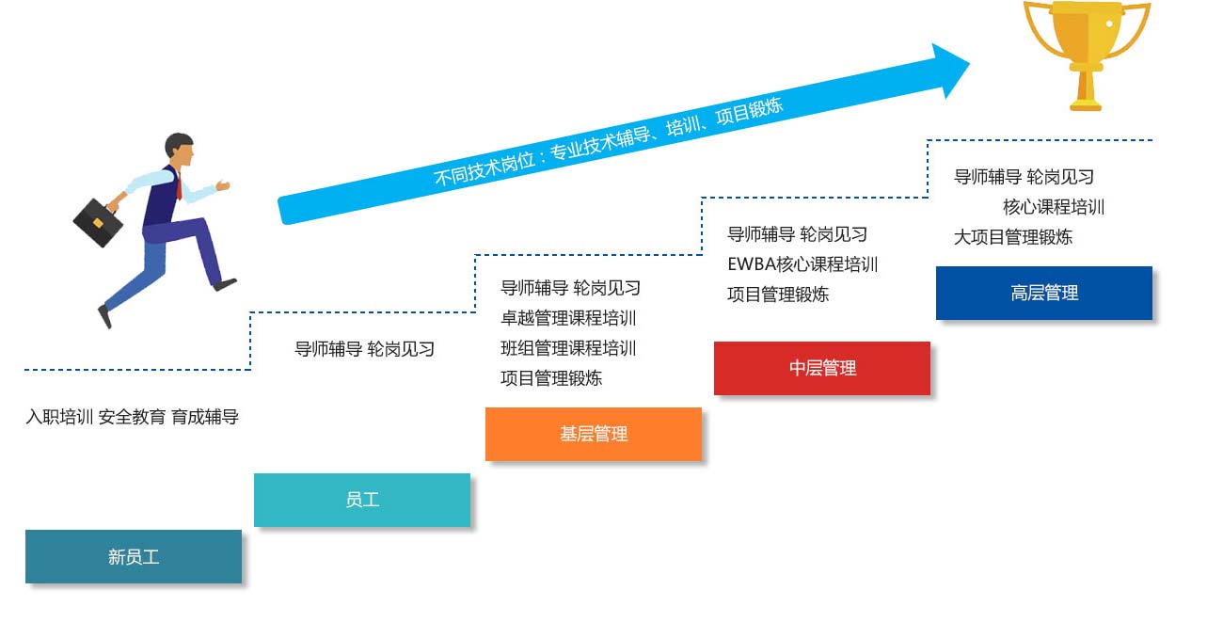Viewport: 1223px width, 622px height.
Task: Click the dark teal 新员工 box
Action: click(133, 556)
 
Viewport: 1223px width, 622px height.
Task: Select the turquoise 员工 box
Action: click(361, 500)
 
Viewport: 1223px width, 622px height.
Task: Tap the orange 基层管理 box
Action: click(593, 434)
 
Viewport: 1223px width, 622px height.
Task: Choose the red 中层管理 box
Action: click(821, 368)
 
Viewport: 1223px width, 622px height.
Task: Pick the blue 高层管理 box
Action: click(1043, 293)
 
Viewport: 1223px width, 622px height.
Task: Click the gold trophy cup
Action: click(1086, 33)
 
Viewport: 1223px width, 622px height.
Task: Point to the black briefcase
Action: click(98, 222)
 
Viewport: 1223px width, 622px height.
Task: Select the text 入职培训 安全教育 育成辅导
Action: click(132, 417)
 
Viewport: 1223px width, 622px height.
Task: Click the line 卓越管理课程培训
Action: click(568, 318)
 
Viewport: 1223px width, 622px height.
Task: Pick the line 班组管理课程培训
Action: click(568, 348)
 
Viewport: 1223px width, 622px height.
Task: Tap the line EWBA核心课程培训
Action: click(802, 264)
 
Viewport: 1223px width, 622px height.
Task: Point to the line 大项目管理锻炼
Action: click(1012, 237)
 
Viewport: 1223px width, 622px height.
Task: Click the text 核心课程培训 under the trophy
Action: click(1053, 207)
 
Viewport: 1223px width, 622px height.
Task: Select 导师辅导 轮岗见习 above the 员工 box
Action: click(364, 349)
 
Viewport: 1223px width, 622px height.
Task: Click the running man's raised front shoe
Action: click(225, 282)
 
